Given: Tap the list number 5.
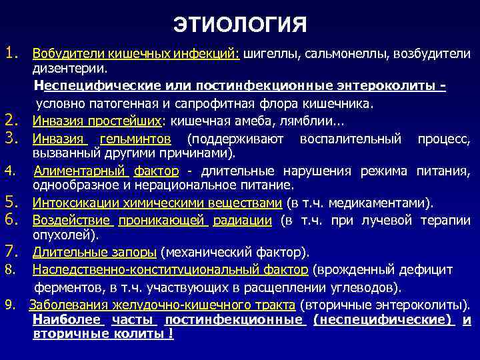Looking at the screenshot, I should [x=10, y=202].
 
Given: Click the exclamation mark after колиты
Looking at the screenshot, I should [x=171, y=333].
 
